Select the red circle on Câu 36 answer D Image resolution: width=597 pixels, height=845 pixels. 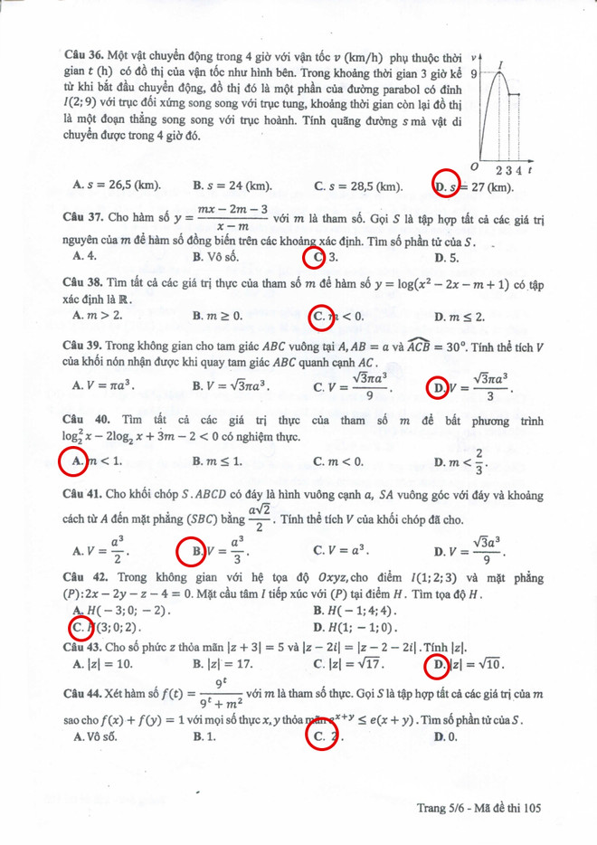coord(445,184)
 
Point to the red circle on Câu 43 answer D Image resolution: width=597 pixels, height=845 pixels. coord(437,665)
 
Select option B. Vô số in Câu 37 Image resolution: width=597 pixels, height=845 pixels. coord(215,257)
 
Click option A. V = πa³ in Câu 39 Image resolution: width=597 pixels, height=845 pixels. coord(103,387)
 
